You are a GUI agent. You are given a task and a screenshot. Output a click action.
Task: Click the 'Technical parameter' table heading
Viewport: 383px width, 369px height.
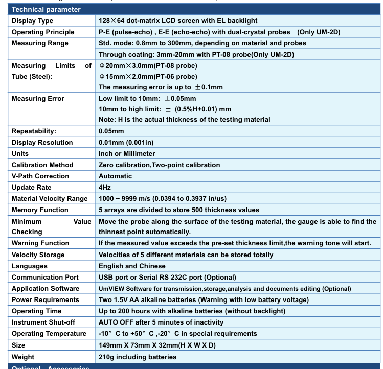(x=46, y=9)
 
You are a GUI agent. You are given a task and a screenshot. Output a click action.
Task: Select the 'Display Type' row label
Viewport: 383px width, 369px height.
(x=32, y=21)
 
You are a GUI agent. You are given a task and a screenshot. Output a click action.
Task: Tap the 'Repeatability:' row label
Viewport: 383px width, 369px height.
(x=34, y=131)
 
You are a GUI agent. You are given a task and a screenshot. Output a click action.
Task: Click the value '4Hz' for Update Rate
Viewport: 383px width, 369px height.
(x=105, y=188)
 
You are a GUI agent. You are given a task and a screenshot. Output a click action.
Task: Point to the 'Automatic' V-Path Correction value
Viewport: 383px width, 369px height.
(x=115, y=176)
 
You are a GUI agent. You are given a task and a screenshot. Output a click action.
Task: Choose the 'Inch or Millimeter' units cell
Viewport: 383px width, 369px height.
(x=127, y=154)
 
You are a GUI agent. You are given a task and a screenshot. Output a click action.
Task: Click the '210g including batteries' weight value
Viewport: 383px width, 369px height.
(x=138, y=357)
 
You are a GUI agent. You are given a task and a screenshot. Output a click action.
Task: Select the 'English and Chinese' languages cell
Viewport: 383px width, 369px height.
(x=132, y=266)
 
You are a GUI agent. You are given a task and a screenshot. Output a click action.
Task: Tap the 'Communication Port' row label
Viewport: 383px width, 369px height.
(x=45, y=278)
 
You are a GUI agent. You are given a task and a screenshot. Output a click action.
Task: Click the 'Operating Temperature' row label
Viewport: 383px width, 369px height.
(x=49, y=334)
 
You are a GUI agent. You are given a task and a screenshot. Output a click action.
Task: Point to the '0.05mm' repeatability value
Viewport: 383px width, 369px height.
(x=111, y=131)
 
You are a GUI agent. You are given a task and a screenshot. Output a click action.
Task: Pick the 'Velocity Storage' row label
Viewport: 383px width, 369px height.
(x=38, y=255)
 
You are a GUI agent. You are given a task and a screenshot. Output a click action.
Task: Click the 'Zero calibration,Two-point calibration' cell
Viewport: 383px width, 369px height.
(x=159, y=165)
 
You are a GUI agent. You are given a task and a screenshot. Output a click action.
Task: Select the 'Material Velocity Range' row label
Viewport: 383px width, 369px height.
(x=50, y=199)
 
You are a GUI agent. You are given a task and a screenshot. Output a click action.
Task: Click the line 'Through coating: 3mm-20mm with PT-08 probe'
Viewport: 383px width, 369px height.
(x=196, y=55)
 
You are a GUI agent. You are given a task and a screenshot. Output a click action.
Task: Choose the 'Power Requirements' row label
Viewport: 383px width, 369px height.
(x=46, y=300)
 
